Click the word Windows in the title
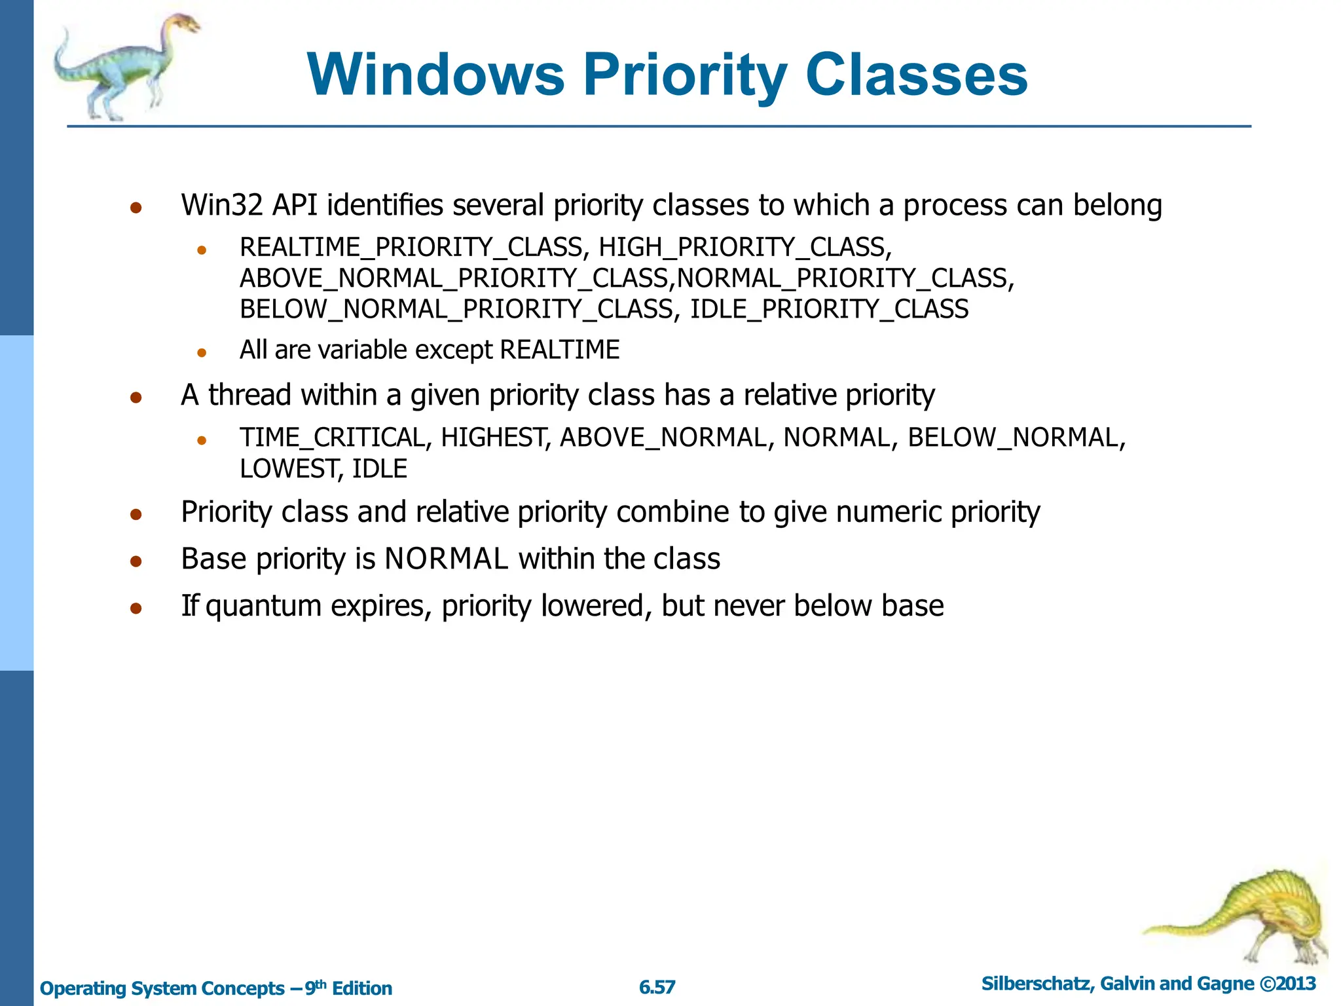pyautogui.click(x=435, y=75)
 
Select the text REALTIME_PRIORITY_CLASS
pyautogui.click(x=411, y=248)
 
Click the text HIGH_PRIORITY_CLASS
pyautogui.click(x=743, y=248)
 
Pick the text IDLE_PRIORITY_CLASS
pyautogui.click(x=829, y=309)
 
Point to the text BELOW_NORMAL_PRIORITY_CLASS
pyautogui.click(x=456, y=309)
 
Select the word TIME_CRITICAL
pyautogui.click(x=333, y=438)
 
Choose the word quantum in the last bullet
pyautogui.click(x=263, y=606)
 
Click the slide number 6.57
pyautogui.click(x=657, y=987)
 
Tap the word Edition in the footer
pyautogui.click(x=362, y=988)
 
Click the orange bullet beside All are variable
pyautogui.click(x=202, y=352)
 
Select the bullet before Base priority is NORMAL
pyautogui.click(x=136, y=561)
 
